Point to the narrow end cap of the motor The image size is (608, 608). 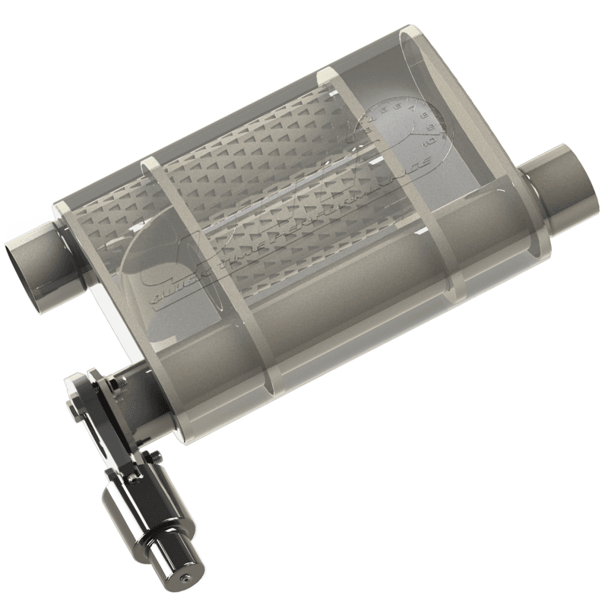pos(179,566)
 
